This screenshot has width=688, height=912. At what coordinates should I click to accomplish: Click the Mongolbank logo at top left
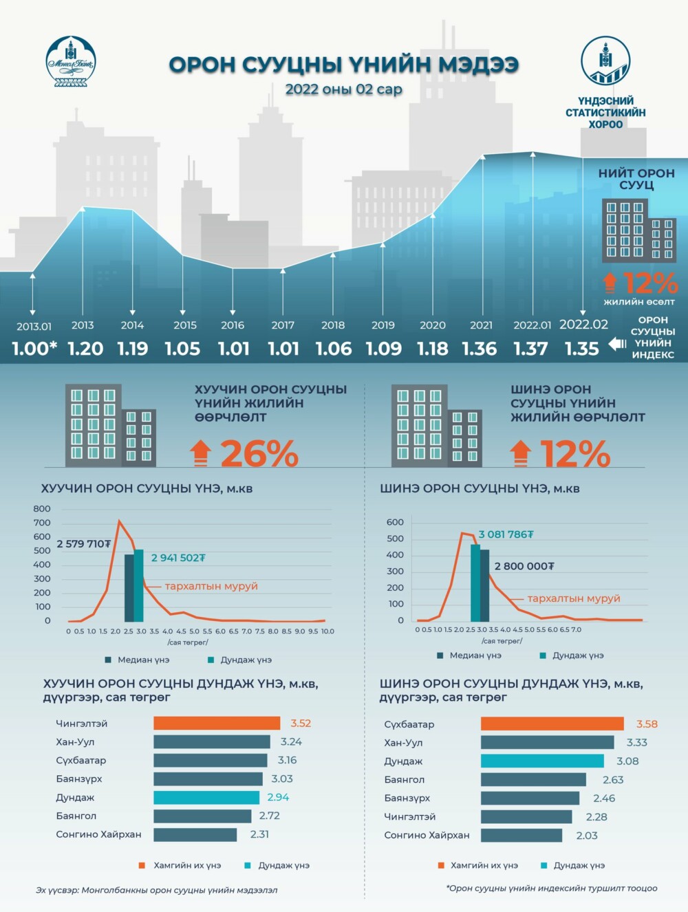[x=71, y=63]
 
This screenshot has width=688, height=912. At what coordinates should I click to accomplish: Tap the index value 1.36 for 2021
[x=480, y=349]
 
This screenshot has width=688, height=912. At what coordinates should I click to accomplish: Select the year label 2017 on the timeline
[x=283, y=325]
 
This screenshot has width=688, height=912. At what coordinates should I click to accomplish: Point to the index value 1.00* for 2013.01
[x=34, y=349]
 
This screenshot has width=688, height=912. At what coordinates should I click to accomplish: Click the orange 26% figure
[x=259, y=454]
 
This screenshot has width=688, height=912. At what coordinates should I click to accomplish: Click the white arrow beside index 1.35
[x=617, y=344]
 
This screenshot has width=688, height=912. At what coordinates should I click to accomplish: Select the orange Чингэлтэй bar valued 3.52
[x=217, y=724]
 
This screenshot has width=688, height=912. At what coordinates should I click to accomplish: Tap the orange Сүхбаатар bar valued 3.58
[x=552, y=724]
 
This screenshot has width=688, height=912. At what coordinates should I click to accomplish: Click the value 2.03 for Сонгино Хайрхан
[x=587, y=835]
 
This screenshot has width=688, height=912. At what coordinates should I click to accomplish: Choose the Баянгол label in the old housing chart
[x=76, y=816]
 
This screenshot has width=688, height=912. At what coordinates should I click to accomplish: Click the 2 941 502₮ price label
[x=178, y=558]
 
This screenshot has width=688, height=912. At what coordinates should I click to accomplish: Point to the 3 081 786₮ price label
[x=506, y=534]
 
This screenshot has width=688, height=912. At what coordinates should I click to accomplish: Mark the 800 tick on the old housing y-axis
[x=42, y=509]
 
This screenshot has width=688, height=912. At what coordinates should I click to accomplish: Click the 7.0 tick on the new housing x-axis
[x=576, y=629]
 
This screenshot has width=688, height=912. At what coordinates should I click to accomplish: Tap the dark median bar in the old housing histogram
[x=129, y=587]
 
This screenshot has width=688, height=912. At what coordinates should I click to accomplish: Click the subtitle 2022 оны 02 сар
[x=343, y=89]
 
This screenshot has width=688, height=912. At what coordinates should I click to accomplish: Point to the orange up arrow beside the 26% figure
[x=200, y=454]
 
